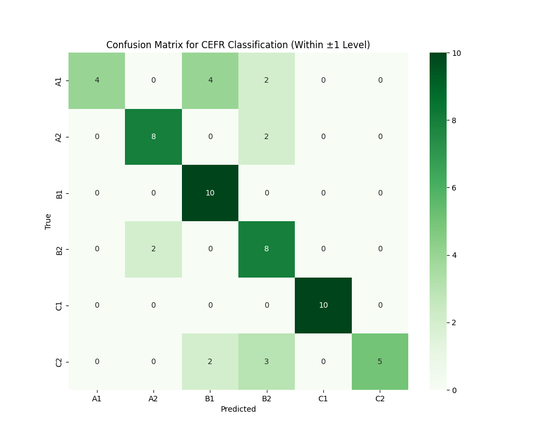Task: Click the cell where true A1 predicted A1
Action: tap(97, 80)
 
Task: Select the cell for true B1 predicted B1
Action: tap(210, 193)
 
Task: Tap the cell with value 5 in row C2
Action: tap(380, 361)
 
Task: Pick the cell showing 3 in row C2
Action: tap(267, 361)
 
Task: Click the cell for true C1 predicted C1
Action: tap(323, 305)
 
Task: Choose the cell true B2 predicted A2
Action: tap(153, 249)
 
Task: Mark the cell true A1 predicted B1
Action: tap(210, 80)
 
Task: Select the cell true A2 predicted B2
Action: tap(267, 137)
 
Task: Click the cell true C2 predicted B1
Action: tap(210, 361)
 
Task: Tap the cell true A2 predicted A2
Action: tap(153, 137)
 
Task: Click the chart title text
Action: tap(238, 45)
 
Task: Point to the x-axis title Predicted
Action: tap(238, 409)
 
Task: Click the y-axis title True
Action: tap(48, 221)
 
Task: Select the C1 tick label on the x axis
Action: tap(323, 399)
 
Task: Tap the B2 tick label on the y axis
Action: tap(59, 250)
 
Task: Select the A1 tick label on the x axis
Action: tap(97, 399)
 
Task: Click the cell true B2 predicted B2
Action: tap(267, 249)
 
